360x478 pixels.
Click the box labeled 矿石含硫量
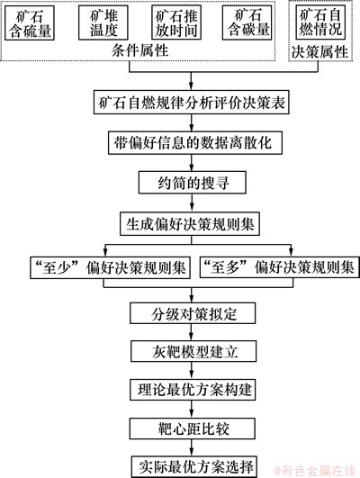30,23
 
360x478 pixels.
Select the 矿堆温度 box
103,23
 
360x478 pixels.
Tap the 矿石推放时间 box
176,23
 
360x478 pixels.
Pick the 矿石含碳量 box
247,23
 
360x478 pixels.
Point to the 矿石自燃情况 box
320,23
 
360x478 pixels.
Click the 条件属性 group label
139,50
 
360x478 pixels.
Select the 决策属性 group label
319,51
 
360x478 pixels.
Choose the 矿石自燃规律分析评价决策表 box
191,103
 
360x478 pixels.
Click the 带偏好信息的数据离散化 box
195,142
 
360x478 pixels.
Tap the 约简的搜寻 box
193,183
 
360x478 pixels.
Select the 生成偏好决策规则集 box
190,224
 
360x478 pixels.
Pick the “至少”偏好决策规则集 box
110,267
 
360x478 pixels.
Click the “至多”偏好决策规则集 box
280,267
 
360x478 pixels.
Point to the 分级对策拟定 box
193,313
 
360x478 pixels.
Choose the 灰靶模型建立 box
193,351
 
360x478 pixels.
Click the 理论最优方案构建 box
193,390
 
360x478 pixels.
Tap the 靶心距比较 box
193,428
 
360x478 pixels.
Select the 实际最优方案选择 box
194,466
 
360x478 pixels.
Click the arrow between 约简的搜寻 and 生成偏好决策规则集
192,203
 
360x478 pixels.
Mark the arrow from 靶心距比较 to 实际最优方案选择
192,447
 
